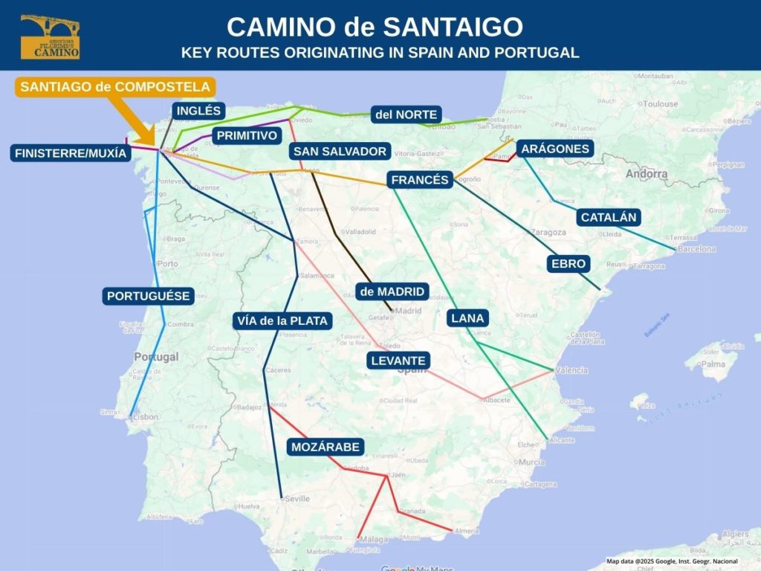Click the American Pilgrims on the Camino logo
[50, 36]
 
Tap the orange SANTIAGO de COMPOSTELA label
[116, 87]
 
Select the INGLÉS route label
[198, 111]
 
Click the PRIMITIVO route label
[247, 135]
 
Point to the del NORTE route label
[407, 114]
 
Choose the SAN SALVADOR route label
[340, 152]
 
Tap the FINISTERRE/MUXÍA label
[71, 154]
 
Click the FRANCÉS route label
[420, 180]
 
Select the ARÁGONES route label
[555, 149]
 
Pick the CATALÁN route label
[609, 218]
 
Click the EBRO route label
[569, 263]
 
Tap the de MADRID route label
[392, 291]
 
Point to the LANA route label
[467, 318]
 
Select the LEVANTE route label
[398, 361]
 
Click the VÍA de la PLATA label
[282, 321]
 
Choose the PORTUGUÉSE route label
[149, 296]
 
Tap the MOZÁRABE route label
[326, 447]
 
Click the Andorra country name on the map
[646, 174]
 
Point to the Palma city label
[713, 364]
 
